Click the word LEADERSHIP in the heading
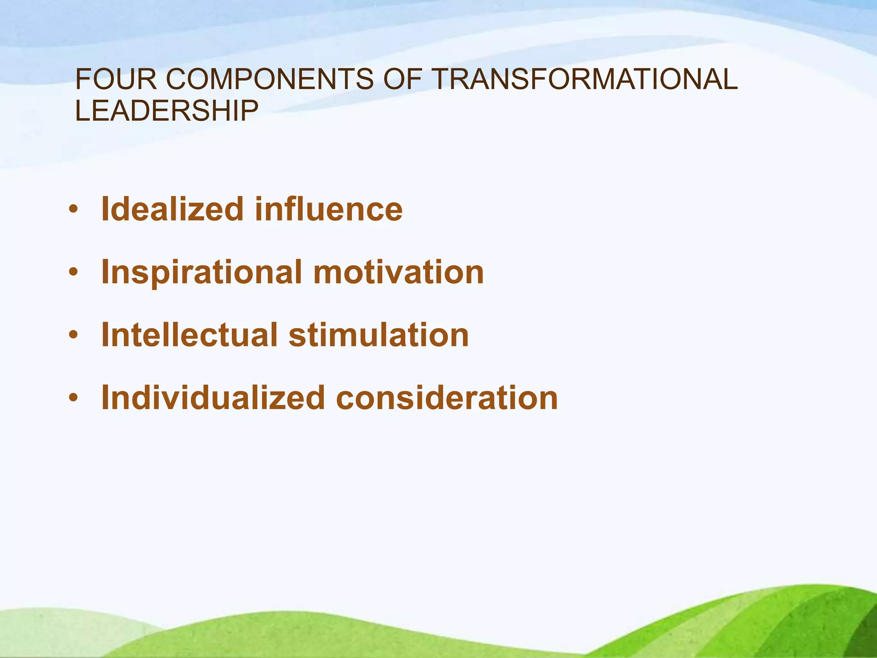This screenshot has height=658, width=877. coord(167,111)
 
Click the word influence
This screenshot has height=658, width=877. coord(329,209)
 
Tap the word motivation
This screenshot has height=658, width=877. coord(399,272)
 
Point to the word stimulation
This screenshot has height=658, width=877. coord(379,335)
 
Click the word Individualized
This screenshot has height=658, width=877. coord(213,398)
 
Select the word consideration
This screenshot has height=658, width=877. coord(447,398)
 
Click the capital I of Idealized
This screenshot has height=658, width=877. coord(105,209)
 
